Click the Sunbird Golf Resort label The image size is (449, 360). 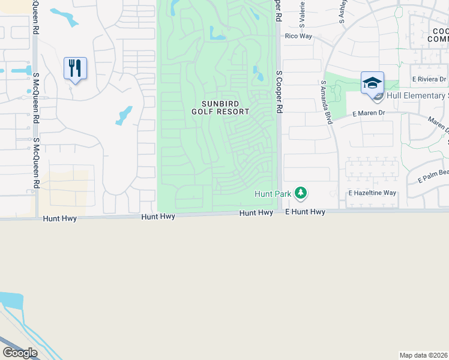click(221, 107)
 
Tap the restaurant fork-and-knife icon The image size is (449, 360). click(75, 68)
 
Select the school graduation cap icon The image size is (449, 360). click(372, 83)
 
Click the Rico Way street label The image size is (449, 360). click(298, 36)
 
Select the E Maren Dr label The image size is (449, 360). click(368, 112)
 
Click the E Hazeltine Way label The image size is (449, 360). click(373, 193)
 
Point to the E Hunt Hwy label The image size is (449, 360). click(305, 212)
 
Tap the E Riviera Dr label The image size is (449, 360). click(429, 79)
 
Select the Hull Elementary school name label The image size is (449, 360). click(418, 95)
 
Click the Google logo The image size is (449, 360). click(20, 353)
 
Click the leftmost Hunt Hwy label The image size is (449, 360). click(60, 219)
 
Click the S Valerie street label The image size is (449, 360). click(302, 13)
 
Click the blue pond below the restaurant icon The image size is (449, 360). click(124, 115)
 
